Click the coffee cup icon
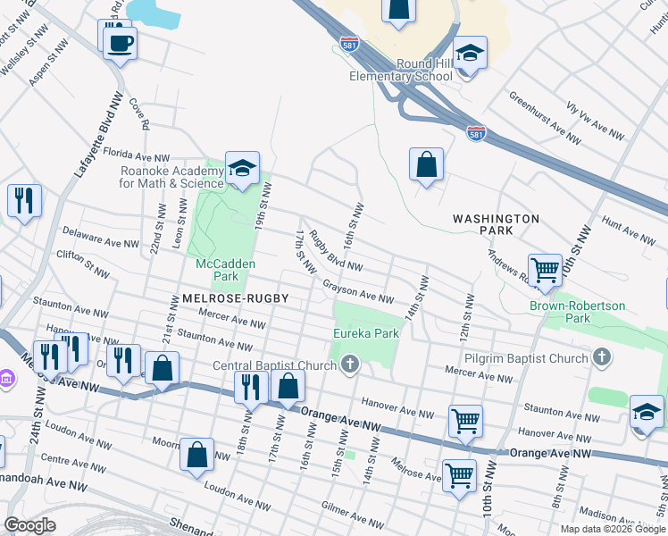(x=120, y=41)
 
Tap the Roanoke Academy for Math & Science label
(x=171, y=177)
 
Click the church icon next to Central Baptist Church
(x=350, y=364)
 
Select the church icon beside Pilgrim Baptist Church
(x=602, y=358)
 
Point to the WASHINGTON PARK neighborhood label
(x=496, y=224)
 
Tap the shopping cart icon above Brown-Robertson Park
(x=544, y=268)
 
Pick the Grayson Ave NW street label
(x=358, y=292)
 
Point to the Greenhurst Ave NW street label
(x=545, y=114)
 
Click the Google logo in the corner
(x=31, y=525)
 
